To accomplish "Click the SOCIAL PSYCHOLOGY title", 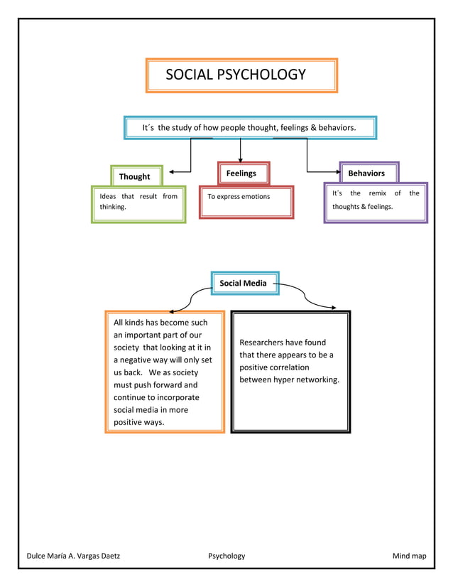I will tap(236, 75).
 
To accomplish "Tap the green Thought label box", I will tap(135, 176).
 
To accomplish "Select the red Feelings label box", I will tap(241, 173).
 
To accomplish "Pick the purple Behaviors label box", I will tap(366, 173).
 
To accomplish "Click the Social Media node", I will tap(244, 283).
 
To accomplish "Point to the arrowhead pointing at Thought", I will tap(173, 171).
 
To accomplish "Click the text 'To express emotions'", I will tap(239, 197).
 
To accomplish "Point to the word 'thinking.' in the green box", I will tap(113, 208).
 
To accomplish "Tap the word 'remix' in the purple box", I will tap(377, 193).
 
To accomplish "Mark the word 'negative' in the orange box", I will tap(144, 360).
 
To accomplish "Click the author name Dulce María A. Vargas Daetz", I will tap(73, 556).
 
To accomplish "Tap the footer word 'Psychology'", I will tap(226, 556).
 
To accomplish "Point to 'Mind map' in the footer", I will tap(410, 556).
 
